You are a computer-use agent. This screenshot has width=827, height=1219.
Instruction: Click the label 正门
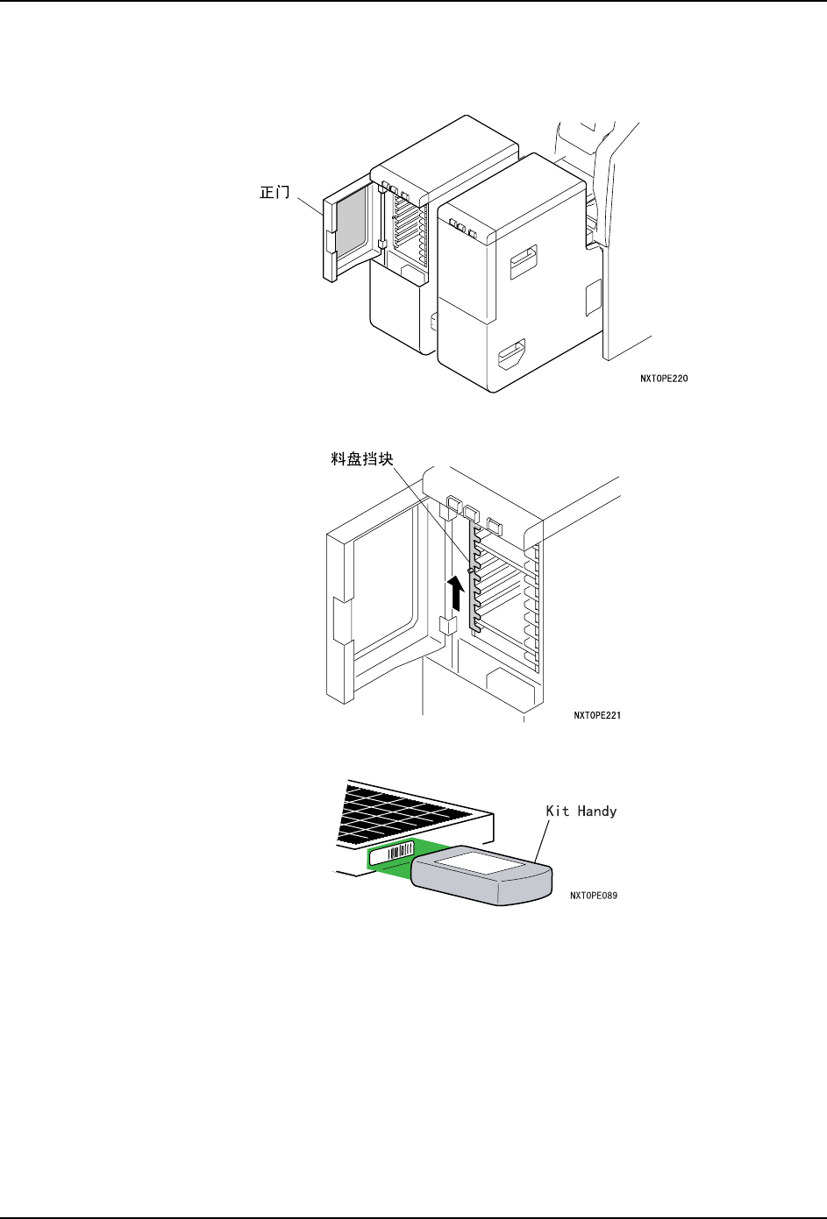click(x=274, y=191)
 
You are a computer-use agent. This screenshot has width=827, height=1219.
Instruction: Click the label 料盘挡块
click(x=362, y=458)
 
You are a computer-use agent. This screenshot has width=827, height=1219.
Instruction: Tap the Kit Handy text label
click(x=581, y=811)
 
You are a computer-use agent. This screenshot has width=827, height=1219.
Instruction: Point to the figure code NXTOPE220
click(x=664, y=379)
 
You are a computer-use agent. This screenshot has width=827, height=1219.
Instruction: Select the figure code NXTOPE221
click(x=597, y=716)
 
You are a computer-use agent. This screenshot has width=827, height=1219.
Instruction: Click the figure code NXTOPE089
click(x=594, y=896)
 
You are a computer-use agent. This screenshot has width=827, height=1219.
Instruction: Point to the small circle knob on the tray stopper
click(x=471, y=571)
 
